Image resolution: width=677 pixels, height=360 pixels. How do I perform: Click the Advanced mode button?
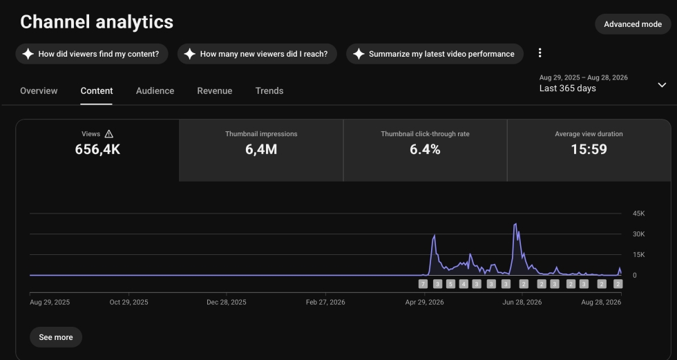tap(633, 24)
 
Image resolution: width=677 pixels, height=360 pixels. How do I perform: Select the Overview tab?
tap(39, 91)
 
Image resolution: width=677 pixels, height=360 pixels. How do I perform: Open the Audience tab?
tap(155, 91)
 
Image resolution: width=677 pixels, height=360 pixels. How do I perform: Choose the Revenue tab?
tap(215, 91)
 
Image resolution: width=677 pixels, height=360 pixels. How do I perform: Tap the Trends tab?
tap(269, 91)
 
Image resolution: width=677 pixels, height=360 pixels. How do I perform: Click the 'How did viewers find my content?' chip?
tap(92, 54)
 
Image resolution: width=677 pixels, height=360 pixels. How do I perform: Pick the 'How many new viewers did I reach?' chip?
tap(257, 54)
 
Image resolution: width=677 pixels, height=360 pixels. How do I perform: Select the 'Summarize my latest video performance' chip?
tap(435, 54)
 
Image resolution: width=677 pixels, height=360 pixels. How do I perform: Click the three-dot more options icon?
tap(540, 53)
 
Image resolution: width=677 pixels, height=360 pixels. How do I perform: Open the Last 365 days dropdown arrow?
tap(662, 85)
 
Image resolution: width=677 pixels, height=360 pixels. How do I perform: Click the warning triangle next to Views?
tap(109, 134)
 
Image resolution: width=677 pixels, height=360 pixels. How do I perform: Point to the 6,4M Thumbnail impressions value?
tap(261, 149)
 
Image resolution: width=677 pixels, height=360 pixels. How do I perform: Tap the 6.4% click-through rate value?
tap(426, 149)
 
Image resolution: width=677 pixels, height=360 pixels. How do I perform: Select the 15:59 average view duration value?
tap(589, 149)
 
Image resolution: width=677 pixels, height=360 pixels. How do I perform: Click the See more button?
tap(56, 337)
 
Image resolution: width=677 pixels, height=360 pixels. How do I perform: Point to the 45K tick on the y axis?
tap(638, 214)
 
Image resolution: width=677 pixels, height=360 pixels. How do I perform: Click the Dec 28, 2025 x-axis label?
tap(227, 302)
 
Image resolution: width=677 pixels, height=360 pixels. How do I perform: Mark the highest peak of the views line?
tap(515, 224)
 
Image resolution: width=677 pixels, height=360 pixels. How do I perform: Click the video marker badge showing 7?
tap(423, 284)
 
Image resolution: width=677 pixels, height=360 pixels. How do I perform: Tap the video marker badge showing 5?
tap(450, 284)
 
